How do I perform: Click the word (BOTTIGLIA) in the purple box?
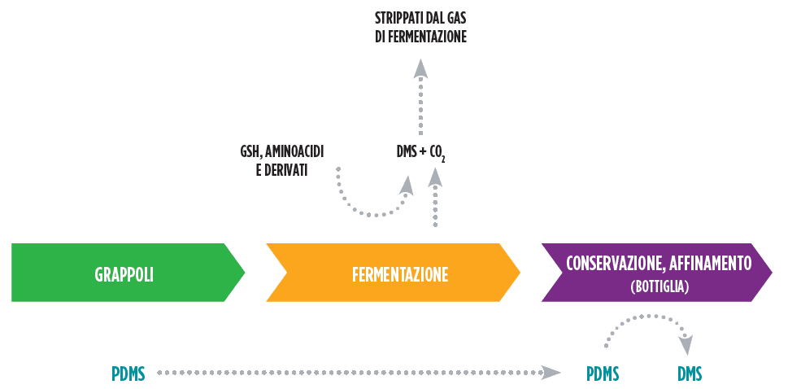(x=659, y=286)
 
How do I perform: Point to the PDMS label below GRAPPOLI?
(x=128, y=374)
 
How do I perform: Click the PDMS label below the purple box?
(x=603, y=374)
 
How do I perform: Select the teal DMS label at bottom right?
(x=689, y=374)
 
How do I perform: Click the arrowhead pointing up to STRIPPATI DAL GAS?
(x=420, y=68)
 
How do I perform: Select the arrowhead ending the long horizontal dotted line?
(x=551, y=373)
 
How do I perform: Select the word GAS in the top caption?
(x=452, y=17)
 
